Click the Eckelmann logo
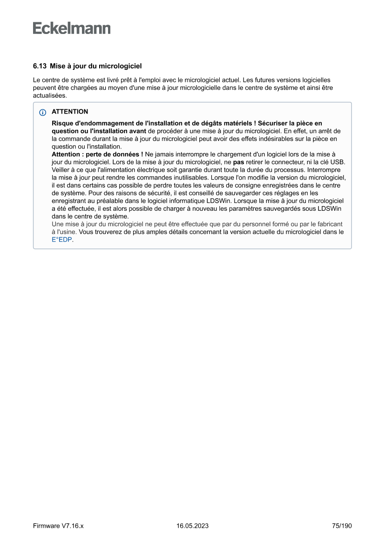click(x=72, y=28)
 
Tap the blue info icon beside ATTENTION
click(x=42, y=112)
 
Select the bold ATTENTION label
click(x=70, y=112)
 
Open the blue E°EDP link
click(x=62, y=240)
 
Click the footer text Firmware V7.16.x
click(x=58, y=526)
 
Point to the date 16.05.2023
click(x=192, y=526)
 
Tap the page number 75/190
click(x=342, y=526)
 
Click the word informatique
click(x=174, y=201)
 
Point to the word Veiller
click(x=61, y=170)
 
